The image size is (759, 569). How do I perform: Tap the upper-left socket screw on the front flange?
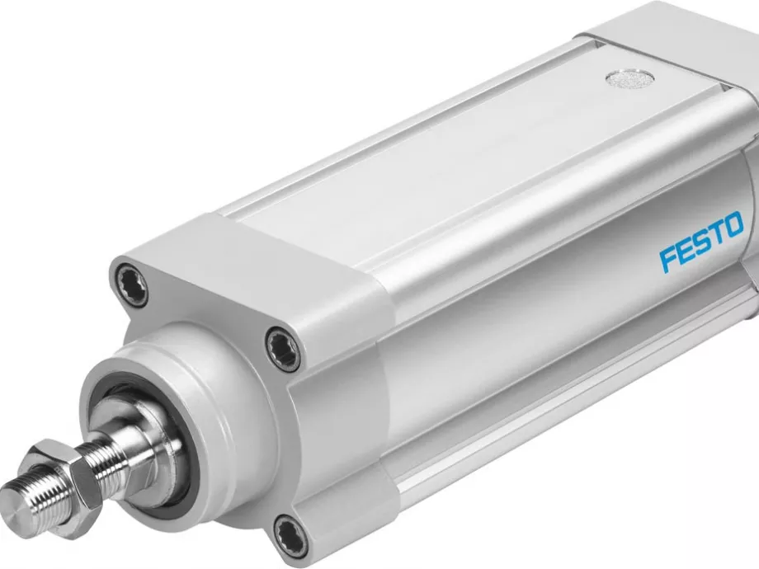(132, 285)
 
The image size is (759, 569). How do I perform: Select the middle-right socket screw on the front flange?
(283, 348)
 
